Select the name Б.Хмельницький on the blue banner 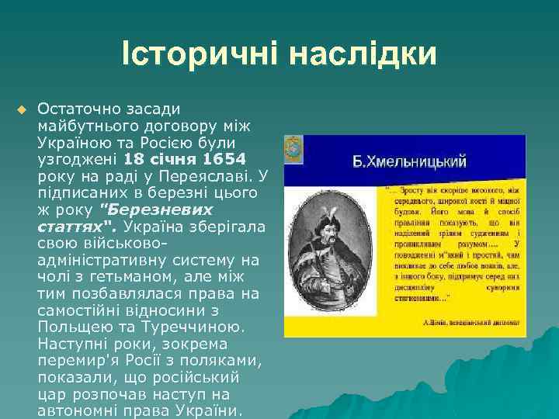coord(409,161)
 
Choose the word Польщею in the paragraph coord(74,327)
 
